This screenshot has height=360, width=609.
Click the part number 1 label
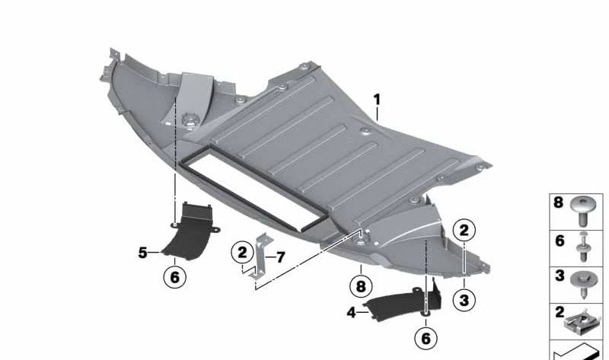point(376,100)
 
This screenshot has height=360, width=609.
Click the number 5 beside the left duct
point(142,252)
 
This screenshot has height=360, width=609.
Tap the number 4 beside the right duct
point(350,311)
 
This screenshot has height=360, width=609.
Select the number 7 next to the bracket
point(280,257)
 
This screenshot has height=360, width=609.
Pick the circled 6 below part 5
point(174,277)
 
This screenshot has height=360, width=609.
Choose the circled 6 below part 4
point(425,336)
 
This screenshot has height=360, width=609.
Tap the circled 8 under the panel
point(359,287)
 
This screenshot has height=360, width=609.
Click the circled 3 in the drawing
point(464,300)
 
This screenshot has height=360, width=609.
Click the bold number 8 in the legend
point(559,204)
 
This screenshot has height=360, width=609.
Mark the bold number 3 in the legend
point(559,275)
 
